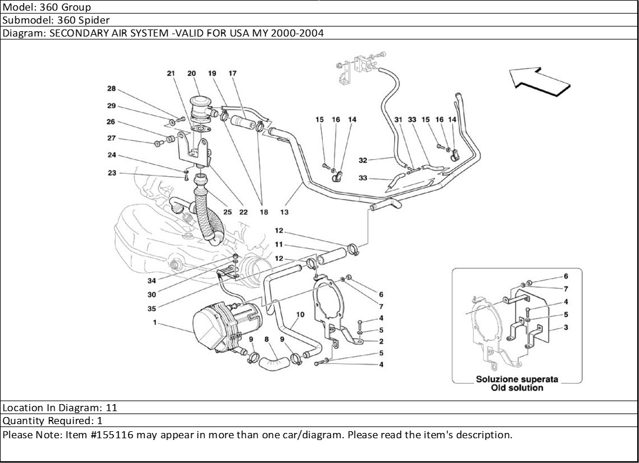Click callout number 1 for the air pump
[155, 322]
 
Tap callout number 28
[112, 88]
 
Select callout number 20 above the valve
[192, 73]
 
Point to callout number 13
[284, 212]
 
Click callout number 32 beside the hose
[363, 160]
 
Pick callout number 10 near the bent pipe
[300, 315]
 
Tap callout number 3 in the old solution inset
[566, 327]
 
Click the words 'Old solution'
[517, 388]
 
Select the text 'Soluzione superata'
[517, 379]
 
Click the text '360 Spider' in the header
[84, 20]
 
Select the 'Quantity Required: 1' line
[53, 421]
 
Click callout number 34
[152, 281]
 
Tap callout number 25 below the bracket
[227, 212]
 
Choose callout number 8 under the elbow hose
[267, 339]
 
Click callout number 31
[398, 120]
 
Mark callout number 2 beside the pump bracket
[381, 341]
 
